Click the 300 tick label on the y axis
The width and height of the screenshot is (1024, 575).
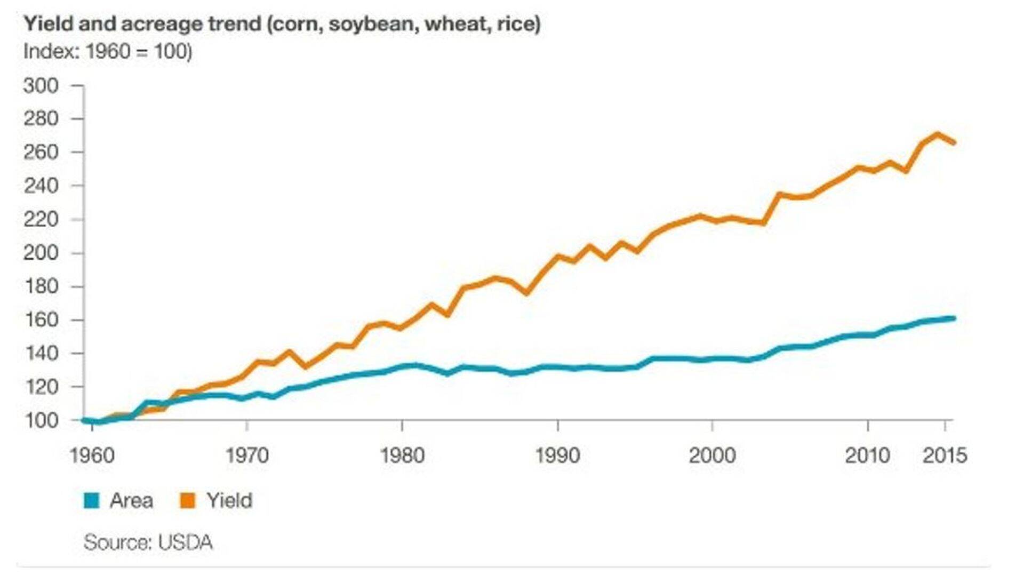41,85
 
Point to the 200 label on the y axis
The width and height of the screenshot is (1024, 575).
41,253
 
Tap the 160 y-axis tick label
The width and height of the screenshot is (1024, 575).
41,320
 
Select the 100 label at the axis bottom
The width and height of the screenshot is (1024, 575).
41,420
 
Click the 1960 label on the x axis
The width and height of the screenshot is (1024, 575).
92,456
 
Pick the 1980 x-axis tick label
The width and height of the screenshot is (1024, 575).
402,456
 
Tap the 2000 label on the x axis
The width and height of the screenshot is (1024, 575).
712,456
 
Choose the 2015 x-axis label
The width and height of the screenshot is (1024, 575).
945,456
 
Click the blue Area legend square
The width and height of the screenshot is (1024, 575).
92,501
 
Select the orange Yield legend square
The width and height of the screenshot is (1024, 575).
188,501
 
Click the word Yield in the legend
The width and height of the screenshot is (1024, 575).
229,501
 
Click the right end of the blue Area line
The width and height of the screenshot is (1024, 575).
953,318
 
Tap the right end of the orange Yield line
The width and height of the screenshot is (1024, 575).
953,142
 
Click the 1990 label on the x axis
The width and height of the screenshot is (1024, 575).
557,456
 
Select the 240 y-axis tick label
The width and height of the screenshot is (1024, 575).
41,186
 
